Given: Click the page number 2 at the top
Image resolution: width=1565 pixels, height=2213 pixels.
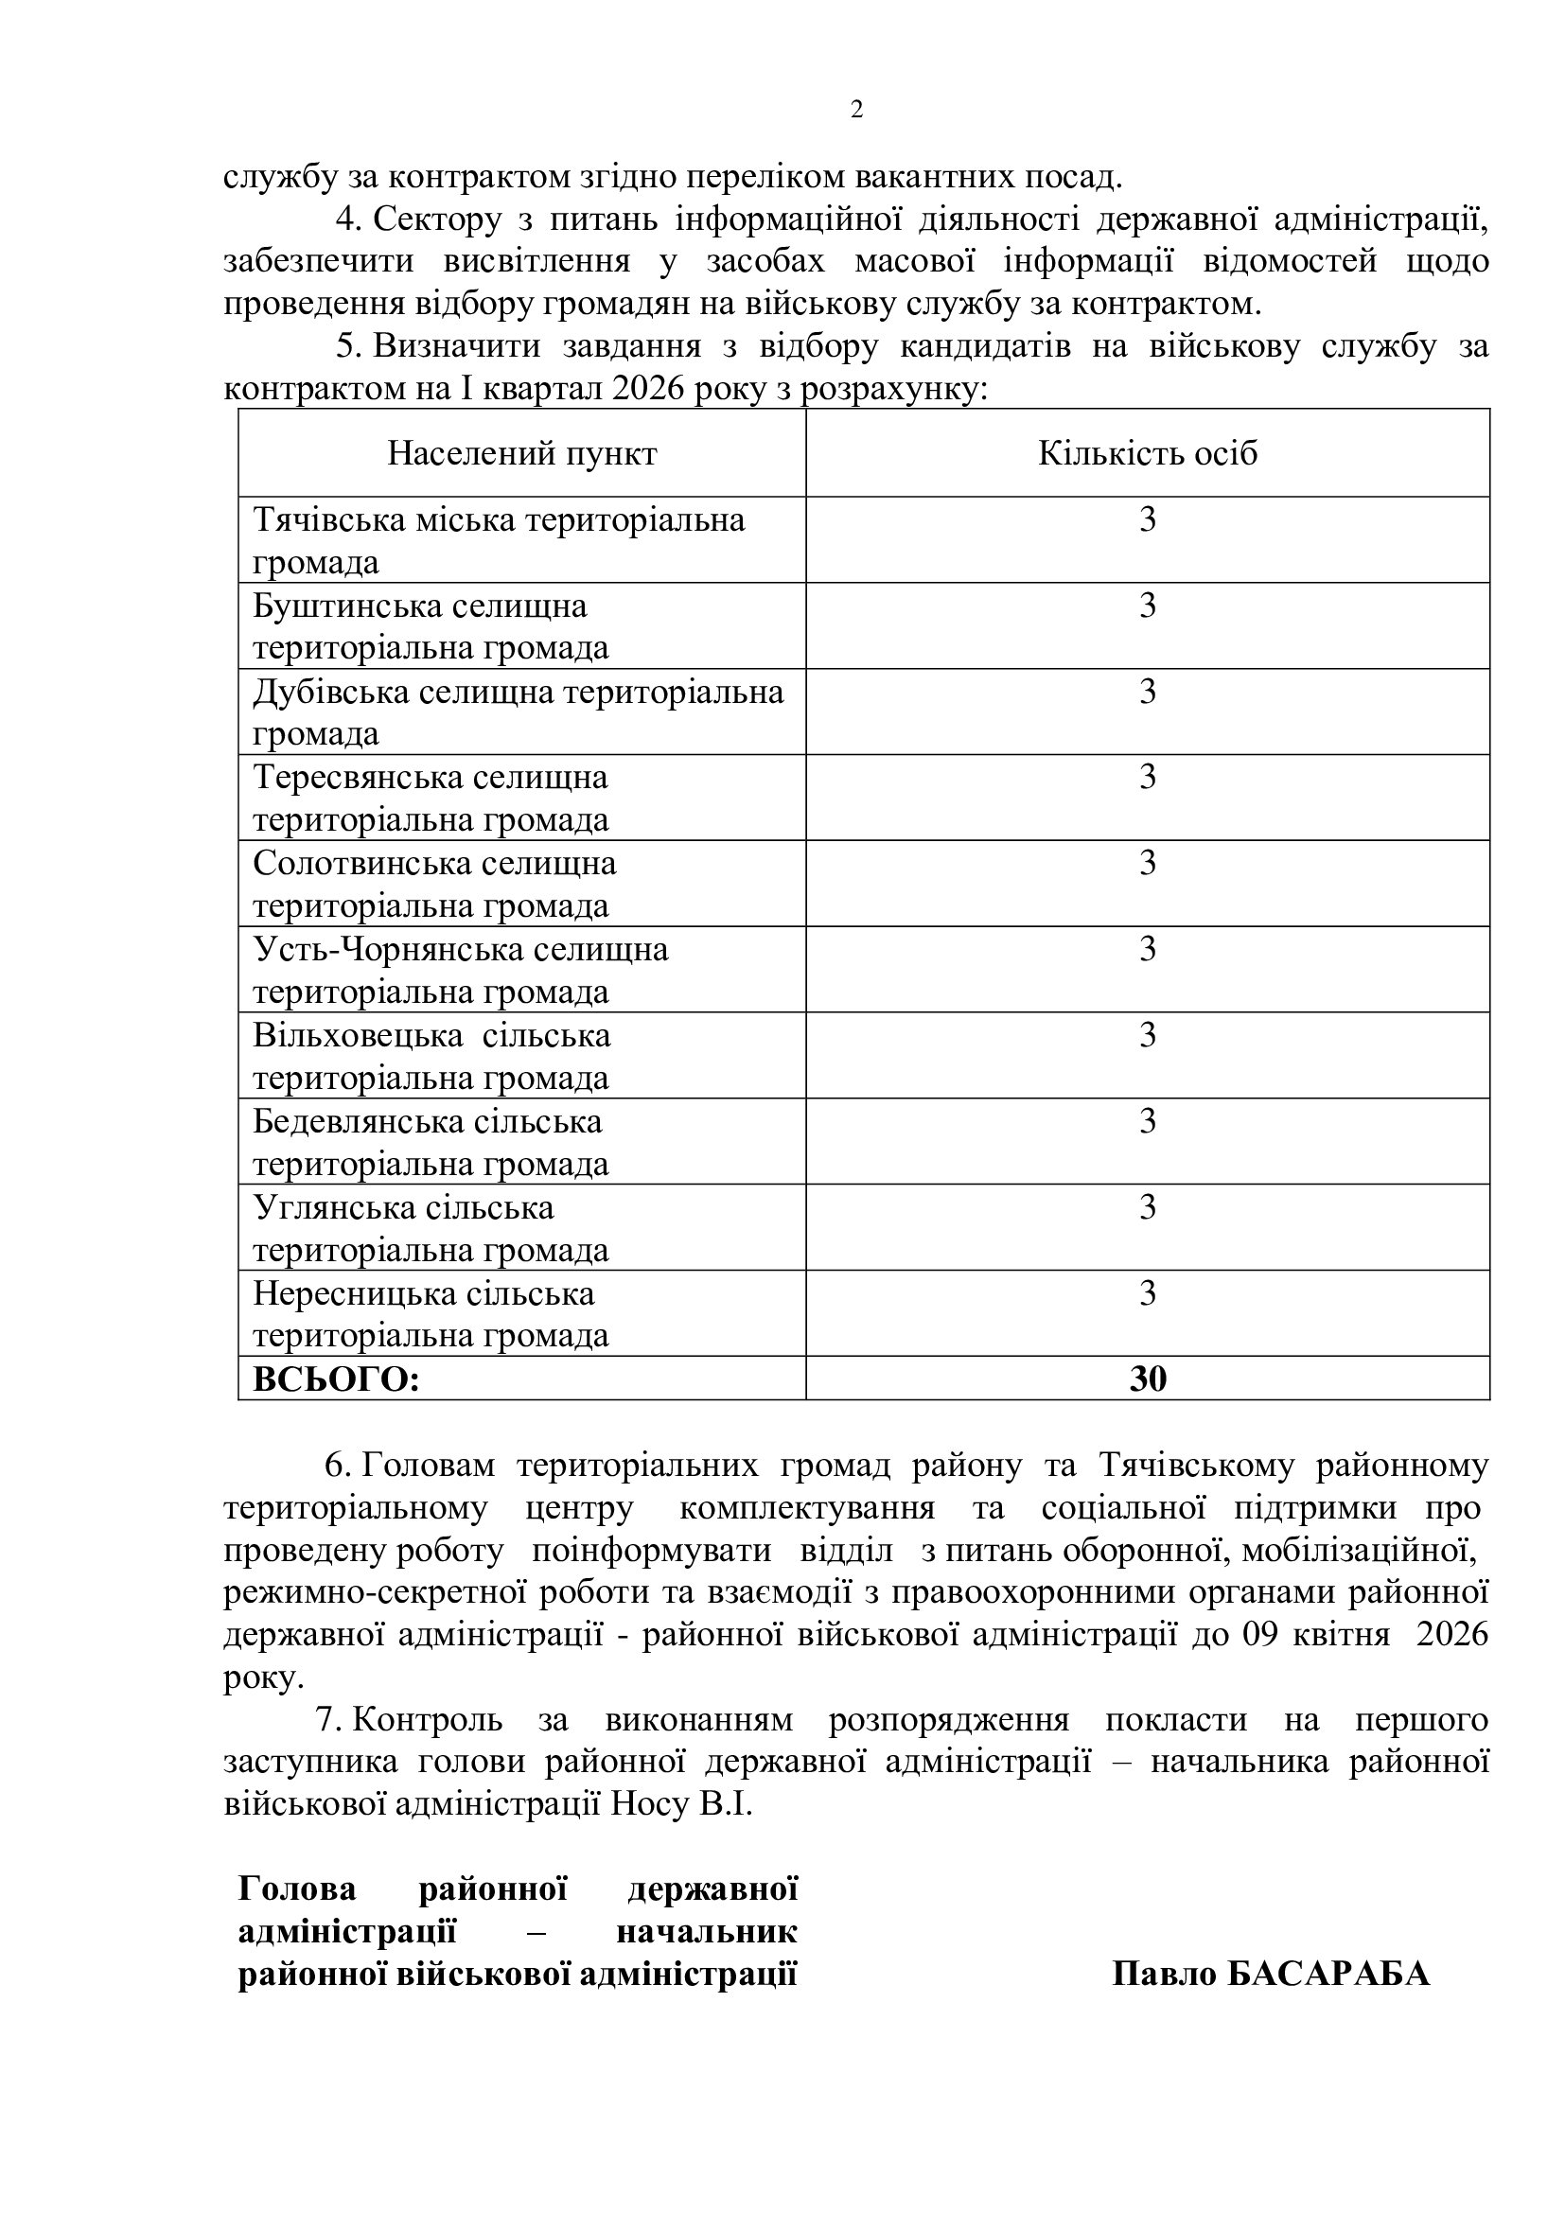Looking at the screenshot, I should pyautogui.click(x=855, y=110).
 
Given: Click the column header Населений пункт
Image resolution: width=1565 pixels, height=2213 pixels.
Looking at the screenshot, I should pyautogui.click(x=521, y=453).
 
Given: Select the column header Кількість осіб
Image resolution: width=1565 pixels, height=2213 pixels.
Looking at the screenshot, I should pyautogui.click(x=1147, y=453).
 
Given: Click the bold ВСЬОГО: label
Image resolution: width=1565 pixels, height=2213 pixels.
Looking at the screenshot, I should pyautogui.click(x=336, y=1379).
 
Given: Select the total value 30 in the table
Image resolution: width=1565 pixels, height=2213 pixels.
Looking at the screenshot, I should pyautogui.click(x=1148, y=1379).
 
